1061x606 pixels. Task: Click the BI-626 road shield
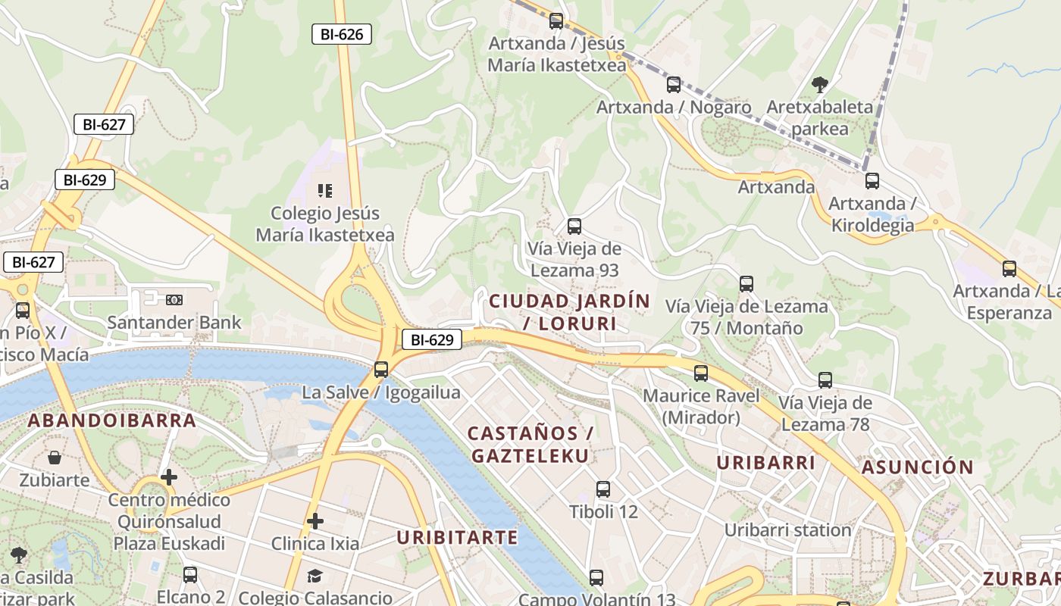(342, 34)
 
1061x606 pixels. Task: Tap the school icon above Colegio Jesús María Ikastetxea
(325, 191)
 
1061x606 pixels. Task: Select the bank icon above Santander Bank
(174, 300)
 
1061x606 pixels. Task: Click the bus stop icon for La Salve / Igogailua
(381, 370)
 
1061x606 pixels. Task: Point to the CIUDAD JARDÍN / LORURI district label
(570, 312)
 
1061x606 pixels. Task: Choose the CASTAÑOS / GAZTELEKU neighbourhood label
(530, 445)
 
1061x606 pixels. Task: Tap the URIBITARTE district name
(458, 538)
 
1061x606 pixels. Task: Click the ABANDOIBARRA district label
(112, 420)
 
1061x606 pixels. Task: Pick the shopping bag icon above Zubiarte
(55, 458)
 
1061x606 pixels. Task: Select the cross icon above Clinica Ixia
(315, 521)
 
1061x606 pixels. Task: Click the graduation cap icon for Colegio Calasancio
(315, 576)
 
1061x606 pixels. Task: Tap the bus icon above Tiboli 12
(603, 489)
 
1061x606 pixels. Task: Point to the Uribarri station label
(788, 530)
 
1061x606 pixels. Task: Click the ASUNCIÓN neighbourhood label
(917, 467)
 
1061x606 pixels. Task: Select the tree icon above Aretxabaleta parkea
(819, 85)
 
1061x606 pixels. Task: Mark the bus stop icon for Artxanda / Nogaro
(674, 85)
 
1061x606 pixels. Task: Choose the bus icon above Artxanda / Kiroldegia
(872, 181)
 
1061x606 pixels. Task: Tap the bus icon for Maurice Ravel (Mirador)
(701, 373)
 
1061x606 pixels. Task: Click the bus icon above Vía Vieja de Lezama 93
(574, 226)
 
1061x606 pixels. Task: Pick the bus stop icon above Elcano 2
(190, 575)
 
